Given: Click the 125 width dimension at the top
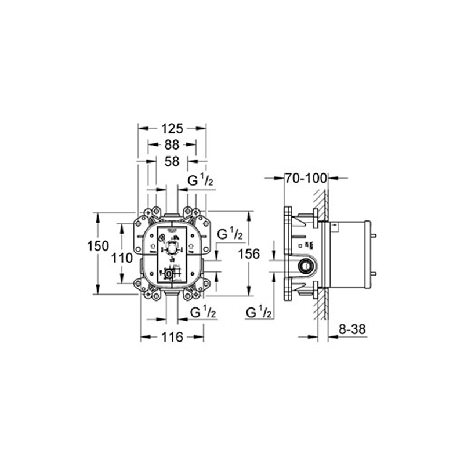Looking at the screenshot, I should [172, 128].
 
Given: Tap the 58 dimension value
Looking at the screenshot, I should [171, 161].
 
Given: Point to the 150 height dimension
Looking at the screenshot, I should [98, 246].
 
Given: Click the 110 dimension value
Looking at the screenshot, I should [122, 259].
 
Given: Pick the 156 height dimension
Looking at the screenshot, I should [249, 253].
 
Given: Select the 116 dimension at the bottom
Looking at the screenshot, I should [172, 336].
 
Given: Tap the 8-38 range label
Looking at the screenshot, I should [351, 329].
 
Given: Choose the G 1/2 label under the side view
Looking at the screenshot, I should [259, 313].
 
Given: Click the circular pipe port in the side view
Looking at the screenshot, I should [304, 267].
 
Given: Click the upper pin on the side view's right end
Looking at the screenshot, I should [373, 235].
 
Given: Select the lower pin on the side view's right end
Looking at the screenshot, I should [373, 273].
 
